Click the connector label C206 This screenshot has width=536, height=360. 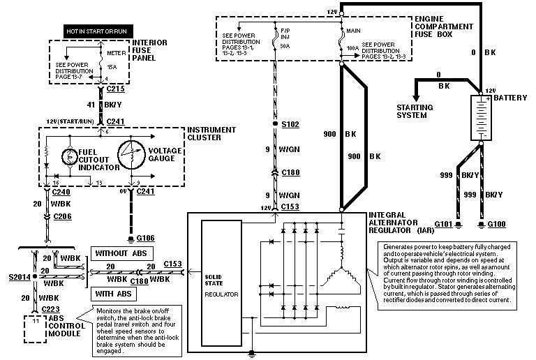(x=63, y=217)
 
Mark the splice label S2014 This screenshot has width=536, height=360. (x=18, y=277)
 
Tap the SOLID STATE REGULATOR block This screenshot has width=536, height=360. (x=222, y=283)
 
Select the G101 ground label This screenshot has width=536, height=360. (x=444, y=224)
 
